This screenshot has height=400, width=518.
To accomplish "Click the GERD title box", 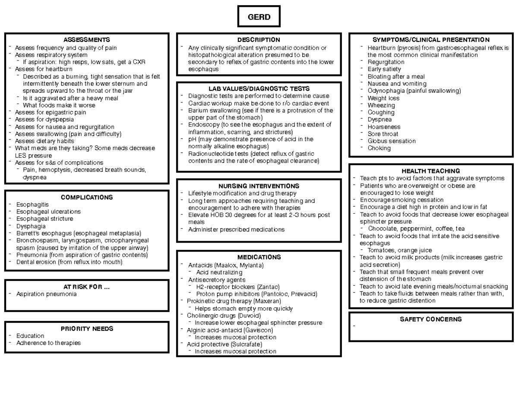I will (x=259, y=17).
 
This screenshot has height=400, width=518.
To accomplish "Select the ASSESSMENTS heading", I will (x=86, y=40).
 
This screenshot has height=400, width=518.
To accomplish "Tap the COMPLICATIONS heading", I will (x=86, y=198).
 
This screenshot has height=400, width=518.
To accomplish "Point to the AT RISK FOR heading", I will (x=86, y=287).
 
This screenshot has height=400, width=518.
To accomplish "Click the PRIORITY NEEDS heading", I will (x=86, y=329).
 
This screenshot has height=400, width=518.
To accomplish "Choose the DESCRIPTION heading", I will (x=259, y=40).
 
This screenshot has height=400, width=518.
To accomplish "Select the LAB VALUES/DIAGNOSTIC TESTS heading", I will (x=259, y=89).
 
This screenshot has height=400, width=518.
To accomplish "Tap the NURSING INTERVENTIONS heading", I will (x=259, y=186).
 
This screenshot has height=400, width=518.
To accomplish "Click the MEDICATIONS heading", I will (x=259, y=257).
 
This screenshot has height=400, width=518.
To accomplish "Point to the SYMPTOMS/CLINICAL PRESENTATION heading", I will (x=431, y=40).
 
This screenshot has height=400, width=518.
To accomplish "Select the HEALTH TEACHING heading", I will (x=431, y=171).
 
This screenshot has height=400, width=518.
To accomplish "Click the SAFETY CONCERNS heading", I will (x=431, y=320).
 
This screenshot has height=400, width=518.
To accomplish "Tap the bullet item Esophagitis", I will (x=32, y=205).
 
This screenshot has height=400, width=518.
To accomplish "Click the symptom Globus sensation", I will (x=392, y=141).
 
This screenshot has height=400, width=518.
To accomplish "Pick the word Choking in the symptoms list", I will (x=379, y=148).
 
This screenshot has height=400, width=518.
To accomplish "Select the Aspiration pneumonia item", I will (x=46, y=294).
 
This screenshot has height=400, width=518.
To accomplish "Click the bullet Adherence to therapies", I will (x=48, y=343).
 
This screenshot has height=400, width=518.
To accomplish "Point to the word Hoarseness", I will (x=384, y=127).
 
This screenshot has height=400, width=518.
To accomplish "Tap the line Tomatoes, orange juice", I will (x=399, y=251).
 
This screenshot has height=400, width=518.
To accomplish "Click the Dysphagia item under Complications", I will (x=31, y=226).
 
